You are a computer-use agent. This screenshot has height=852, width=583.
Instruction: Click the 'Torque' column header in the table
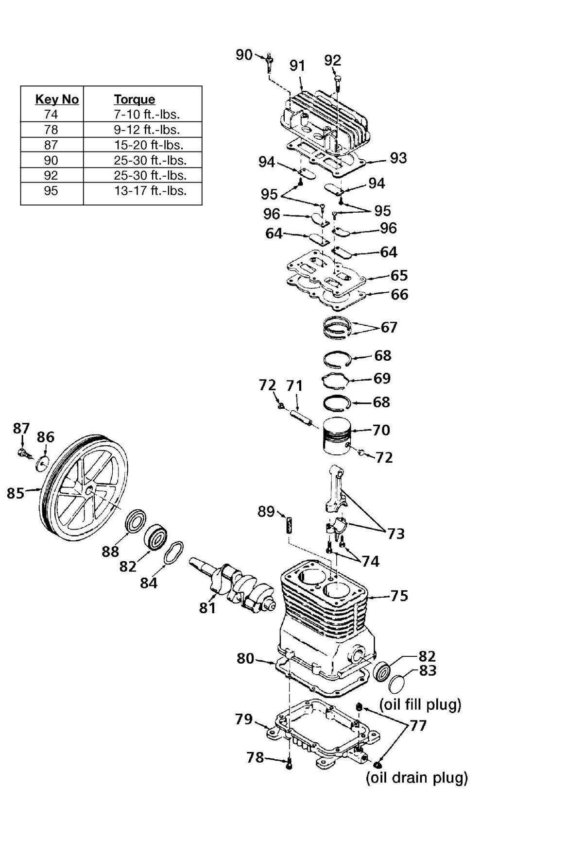(x=135, y=99)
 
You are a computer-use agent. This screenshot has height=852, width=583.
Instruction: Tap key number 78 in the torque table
(x=51, y=130)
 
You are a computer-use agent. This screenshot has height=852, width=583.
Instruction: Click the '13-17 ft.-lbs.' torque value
(x=151, y=191)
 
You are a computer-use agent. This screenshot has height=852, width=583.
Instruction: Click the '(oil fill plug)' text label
(x=420, y=704)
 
